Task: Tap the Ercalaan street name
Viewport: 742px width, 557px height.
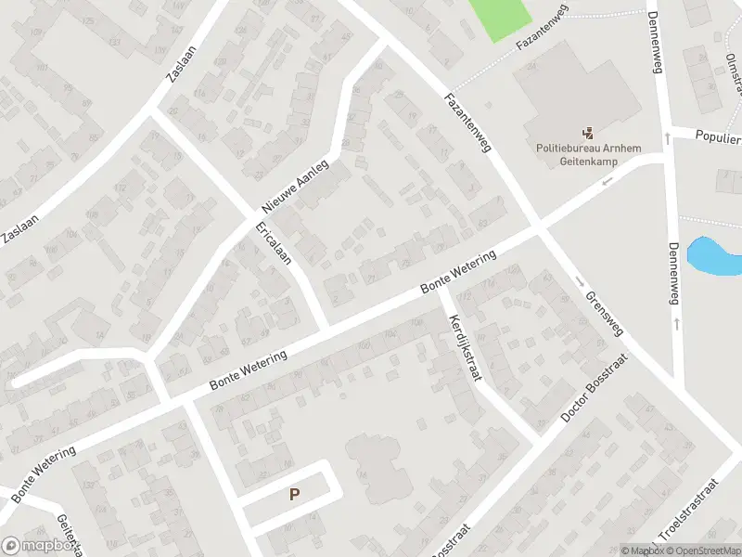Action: (x=274, y=241)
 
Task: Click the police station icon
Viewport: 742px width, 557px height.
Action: (x=587, y=133)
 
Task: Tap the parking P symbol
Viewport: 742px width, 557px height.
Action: (x=294, y=495)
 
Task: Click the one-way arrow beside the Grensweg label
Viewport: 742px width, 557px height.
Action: (x=577, y=280)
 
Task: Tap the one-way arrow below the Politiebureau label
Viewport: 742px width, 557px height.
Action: (x=608, y=181)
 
